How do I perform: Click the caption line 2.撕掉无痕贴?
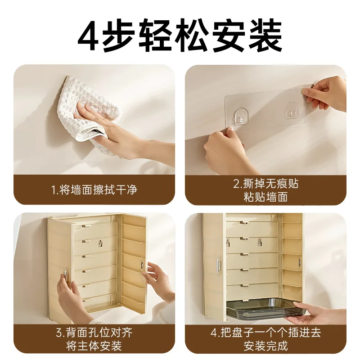tap(265, 184)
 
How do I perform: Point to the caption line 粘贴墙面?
tap(265, 198)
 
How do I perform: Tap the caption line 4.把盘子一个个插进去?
tap(265, 333)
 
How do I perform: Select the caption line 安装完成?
tap(265, 346)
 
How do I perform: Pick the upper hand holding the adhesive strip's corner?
tap(326, 94)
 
